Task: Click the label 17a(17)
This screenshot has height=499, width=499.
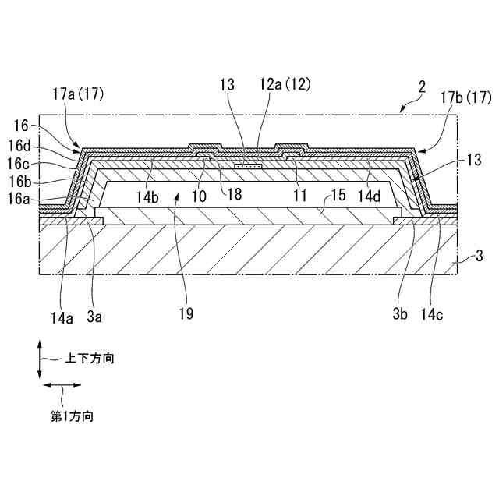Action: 78,95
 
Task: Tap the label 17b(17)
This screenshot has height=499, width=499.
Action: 465,98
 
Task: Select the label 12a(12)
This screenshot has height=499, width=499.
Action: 285,85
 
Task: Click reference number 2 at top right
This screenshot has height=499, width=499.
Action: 422,87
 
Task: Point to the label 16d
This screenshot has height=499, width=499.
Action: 19,146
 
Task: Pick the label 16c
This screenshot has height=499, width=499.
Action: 19,165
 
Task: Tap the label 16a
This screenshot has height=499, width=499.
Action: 19,200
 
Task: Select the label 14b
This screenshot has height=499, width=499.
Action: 147,197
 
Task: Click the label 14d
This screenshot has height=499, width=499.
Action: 369,196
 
